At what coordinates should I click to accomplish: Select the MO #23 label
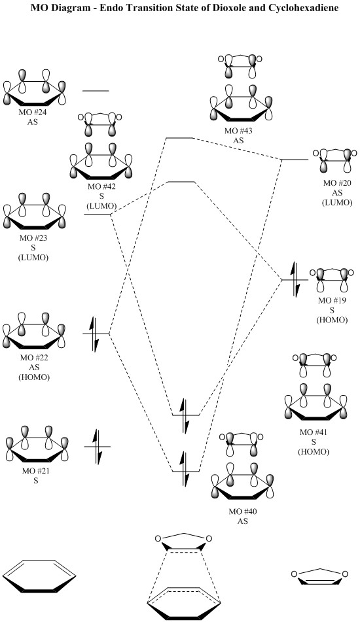33,239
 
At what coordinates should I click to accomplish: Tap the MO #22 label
34,358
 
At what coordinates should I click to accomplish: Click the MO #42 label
101,187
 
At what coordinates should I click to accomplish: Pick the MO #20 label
337,183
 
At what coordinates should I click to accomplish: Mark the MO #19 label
332,300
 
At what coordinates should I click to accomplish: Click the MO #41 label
314,432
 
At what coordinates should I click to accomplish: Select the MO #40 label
243,511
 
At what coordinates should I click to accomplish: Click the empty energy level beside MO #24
96,91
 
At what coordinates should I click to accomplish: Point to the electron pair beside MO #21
98,447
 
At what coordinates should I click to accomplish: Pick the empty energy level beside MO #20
295,160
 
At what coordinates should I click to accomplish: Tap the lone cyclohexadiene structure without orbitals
39,576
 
